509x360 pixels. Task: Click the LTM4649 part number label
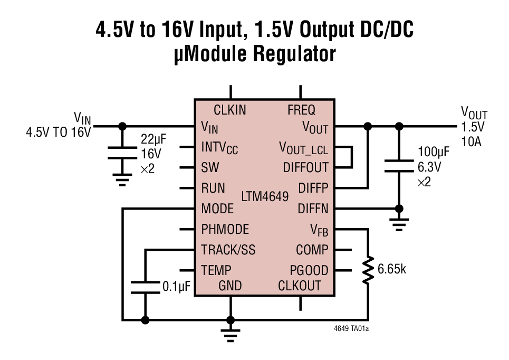pyautogui.click(x=265, y=197)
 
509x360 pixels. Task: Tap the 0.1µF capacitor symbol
pyautogui.click(x=145, y=287)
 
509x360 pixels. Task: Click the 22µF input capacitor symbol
pyautogui.click(x=122, y=154)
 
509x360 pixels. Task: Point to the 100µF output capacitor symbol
pyautogui.click(x=399, y=166)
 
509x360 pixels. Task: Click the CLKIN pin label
pyautogui.click(x=229, y=110)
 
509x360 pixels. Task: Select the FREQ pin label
pyautogui.click(x=301, y=110)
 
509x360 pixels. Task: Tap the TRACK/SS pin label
pyautogui.click(x=228, y=250)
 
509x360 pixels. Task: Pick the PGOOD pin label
pyautogui.click(x=309, y=271)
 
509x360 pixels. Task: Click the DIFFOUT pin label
pyautogui.click(x=305, y=168)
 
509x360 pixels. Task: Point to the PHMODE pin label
pyautogui.click(x=225, y=230)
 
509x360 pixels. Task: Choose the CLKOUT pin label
pyautogui.click(x=300, y=286)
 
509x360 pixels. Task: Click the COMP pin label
pyautogui.click(x=312, y=250)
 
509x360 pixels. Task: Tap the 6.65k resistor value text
pyautogui.click(x=392, y=269)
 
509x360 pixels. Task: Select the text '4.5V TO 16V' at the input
pyautogui.click(x=59, y=132)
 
